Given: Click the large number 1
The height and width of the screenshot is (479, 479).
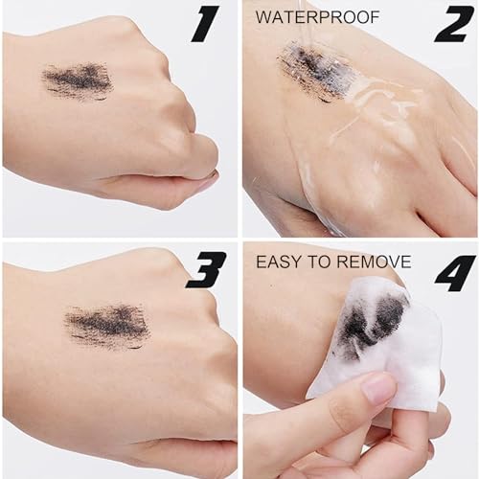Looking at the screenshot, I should (x=206, y=23).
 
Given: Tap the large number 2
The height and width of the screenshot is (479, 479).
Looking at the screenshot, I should (x=454, y=23).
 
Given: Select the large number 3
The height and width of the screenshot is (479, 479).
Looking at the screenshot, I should (x=206, y=270).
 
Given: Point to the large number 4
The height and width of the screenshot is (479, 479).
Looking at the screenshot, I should (x=454, y=272).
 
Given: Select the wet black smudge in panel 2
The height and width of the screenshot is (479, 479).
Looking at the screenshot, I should (x=311, y=70).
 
